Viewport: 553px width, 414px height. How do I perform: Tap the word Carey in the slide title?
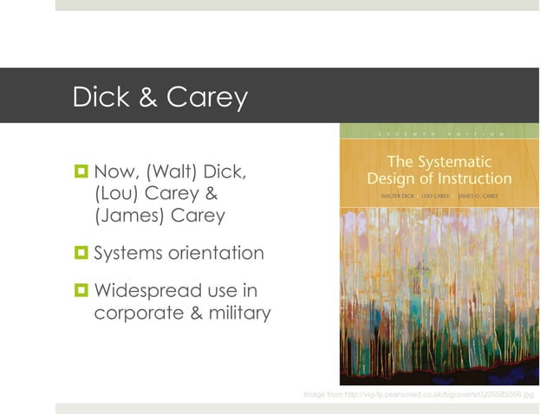pyautogui.click(x=207, y=97)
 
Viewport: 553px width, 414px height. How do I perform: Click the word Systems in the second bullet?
pyautogui.click(x=132, y=254)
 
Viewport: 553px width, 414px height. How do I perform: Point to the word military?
pyautogui.click(x=238, y=313)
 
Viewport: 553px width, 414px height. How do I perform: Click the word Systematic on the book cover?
pyautogui.click(x=474, y=162)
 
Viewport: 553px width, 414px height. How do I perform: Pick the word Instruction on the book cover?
pyautogui.click(x=479, y=179)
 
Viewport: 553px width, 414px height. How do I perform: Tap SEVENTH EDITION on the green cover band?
pyautogui.click(x=439, y=134)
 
